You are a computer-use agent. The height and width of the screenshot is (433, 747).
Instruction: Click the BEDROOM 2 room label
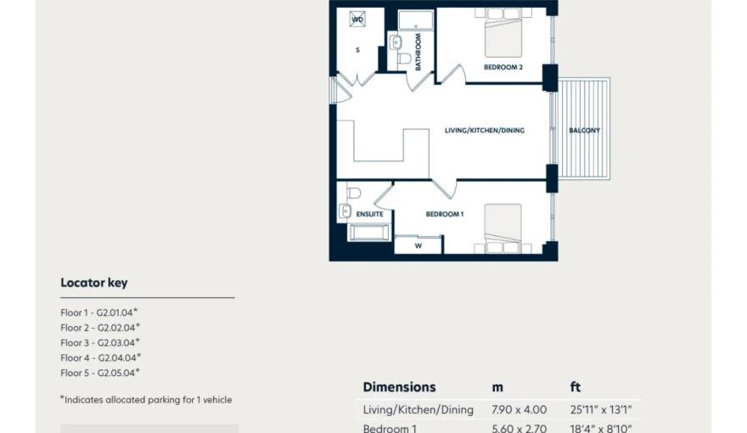pos(503,67)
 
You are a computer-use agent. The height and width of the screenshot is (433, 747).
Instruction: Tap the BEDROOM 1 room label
pos(444,214)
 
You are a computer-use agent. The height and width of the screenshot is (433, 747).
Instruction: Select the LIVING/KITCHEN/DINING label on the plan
pos(485,131)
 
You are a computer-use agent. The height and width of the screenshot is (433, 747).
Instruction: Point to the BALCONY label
pos(584,131)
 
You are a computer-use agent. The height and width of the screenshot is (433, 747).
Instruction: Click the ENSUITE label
pos(369,214)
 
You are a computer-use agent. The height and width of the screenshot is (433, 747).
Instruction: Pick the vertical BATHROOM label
pos(418,51)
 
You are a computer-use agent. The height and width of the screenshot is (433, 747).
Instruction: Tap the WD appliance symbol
pos(357,19)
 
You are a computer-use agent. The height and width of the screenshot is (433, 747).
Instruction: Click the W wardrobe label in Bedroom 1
pos(418,246)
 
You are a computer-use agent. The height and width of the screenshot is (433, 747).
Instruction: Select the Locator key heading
pos(93,283)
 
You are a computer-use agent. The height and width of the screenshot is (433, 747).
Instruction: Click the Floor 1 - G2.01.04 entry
pos(99,312)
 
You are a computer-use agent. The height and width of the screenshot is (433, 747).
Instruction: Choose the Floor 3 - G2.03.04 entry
pos(99,343)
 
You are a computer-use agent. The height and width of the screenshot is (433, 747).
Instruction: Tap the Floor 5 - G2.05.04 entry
pos(99,373)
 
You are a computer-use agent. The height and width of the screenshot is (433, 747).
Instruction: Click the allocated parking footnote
pos(145,399)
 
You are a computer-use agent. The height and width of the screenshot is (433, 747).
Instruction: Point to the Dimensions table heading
pos(399,387)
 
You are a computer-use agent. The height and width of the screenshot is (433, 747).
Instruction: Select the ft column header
pos(576,387)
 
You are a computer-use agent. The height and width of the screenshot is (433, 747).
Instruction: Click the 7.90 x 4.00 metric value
pos(519,410)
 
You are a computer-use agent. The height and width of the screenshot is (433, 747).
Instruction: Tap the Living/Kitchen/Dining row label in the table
pos(418,410)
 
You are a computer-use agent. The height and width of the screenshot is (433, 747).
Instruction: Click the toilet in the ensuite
pos(354,194)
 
